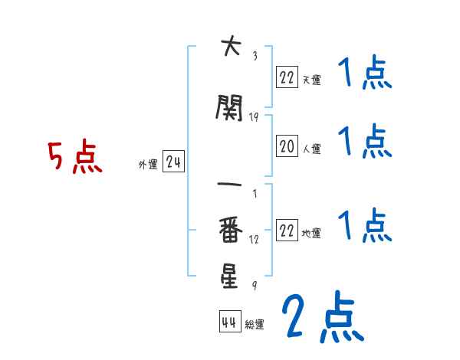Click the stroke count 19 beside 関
tap(255, 117)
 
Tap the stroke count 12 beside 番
tap(255, 239)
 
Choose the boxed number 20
tap(287, 146)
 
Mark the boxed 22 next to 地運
tap(287, 230)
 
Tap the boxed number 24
tap(173, 162)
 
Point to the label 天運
tap(310, 78)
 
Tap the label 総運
tap(255, 325)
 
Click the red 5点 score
tap(75, 157)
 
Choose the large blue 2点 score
tap(322, 318)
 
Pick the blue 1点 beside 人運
tap(365, 142)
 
